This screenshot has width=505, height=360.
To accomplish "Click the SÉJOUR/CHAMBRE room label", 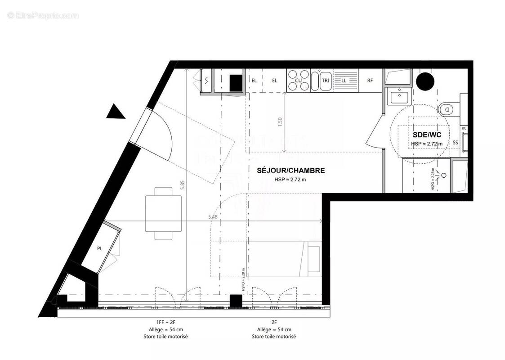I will [290, 171].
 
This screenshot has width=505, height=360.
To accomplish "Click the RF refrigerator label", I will [370, 81].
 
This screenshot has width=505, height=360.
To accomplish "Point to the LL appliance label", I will [344, 81].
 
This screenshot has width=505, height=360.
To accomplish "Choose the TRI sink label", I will [326, 81].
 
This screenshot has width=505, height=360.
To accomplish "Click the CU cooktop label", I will [298, 81].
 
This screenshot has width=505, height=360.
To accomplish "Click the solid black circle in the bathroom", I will [425, 81].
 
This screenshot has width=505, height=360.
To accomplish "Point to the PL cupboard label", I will [99, 248].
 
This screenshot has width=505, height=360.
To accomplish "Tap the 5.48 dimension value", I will [213, 217].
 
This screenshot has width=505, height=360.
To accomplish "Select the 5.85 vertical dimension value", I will [182, 185].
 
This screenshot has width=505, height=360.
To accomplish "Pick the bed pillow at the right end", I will [313, 260].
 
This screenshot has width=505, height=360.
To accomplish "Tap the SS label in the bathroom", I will [455, 143].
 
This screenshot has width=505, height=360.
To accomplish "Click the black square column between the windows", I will [235, 300].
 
